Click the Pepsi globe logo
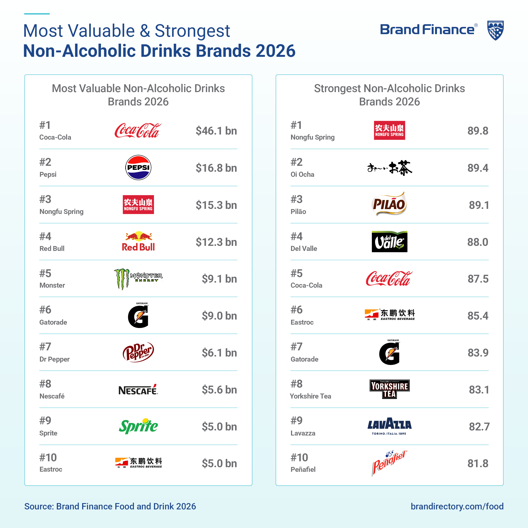point(138,167)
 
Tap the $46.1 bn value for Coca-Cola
point(216,131)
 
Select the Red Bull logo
point(138,242)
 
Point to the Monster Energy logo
point(138,279)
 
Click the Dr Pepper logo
point(138,352)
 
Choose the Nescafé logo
point(138,389)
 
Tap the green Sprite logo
point(138,426)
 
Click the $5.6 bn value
point(219,390)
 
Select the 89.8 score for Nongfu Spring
point(478,131)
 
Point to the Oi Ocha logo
point(390,168)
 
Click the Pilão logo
point(389,204)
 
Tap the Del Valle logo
point(389,242)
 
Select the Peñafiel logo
point(389,463)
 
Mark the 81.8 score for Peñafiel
point(478,464)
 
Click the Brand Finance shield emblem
point(495,31)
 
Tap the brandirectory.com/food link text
point(457,506)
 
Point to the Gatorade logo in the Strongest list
point(389,352)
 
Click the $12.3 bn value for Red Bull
point(216,242)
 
